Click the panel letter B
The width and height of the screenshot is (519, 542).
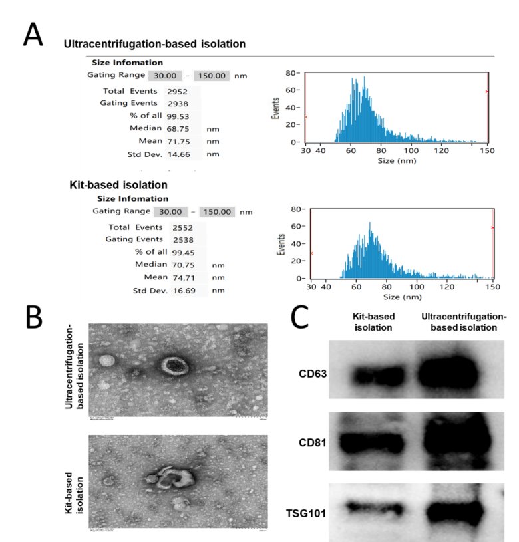click(35, 317)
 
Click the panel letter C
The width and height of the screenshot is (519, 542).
click(301, 318)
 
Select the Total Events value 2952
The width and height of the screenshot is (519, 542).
click(176, 91)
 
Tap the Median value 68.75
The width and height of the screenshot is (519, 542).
click(177, 128)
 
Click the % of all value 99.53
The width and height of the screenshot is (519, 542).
click(176, 116)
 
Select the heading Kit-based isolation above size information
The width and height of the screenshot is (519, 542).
click(118, 184)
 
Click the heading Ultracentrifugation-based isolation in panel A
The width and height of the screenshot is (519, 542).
click(154, 44)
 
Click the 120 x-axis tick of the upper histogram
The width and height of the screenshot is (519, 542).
click(442, 152)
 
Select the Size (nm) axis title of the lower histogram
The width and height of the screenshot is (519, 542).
click(400, 297)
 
